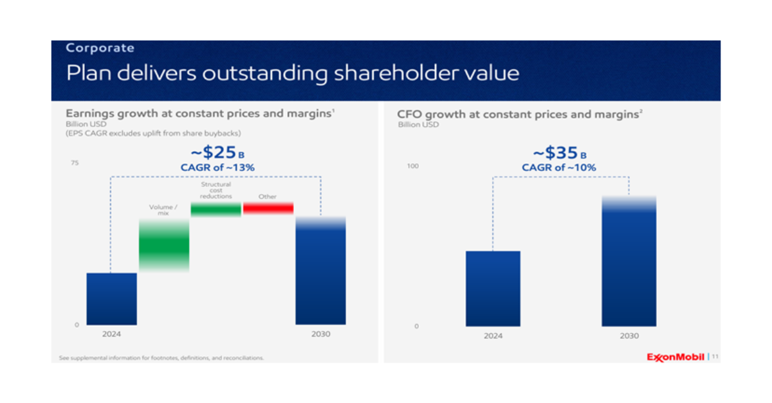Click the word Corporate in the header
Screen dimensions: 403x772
pos(100,48)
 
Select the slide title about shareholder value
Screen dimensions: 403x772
pos(293,73)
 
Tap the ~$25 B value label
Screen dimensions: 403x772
pos(217,153)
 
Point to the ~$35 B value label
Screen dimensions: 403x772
pos(559,153)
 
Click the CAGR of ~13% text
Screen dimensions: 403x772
pos(217,167)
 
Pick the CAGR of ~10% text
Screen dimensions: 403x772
pos(559,167)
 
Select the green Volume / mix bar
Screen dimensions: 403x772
pos(164,244)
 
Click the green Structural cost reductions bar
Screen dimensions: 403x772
pos(216,209)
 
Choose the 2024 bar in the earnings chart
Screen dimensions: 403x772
pos(111,299)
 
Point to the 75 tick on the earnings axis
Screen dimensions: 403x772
pos(75,163)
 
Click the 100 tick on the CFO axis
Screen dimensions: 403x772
pos(413,166)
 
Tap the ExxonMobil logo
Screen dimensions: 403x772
pos(675,357)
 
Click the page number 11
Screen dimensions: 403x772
pos(715,357)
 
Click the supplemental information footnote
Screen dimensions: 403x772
pos(161,357)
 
